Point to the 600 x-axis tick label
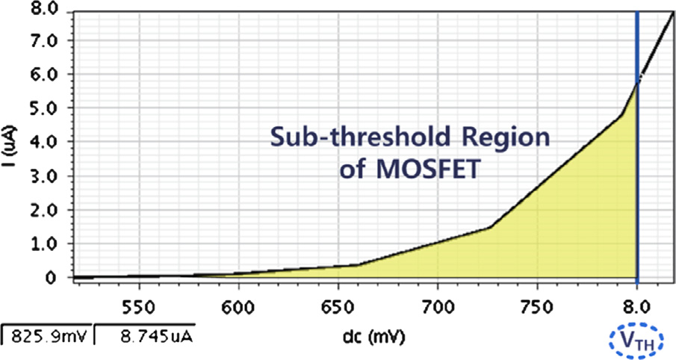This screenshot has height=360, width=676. click(x=238, y=306)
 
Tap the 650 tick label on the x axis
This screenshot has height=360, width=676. click(x=338, y=306)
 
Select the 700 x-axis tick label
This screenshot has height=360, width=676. click(x=437, y=306)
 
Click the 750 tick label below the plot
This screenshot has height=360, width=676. click(x=536, y=306)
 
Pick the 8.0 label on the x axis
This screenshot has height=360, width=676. click(x=636, y=306)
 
